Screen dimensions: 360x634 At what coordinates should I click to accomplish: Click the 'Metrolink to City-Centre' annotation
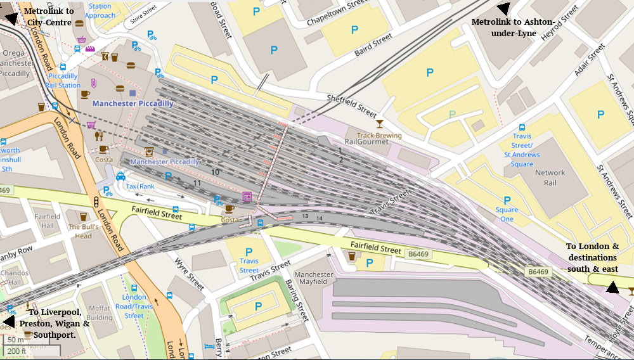click(x=49, y=16)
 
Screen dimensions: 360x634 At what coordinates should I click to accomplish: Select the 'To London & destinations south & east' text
click(x=592, y=257)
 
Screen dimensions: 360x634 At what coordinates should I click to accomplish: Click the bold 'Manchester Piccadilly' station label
click(x=133, y=103)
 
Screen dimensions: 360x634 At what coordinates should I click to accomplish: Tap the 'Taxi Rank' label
click(x=140, y=186)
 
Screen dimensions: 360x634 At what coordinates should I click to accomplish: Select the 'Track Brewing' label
click(x=379, y=136)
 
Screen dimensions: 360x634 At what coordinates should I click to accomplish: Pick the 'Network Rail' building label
click(x=550, y=177)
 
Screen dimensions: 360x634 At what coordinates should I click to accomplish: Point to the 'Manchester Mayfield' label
click(x=314, y=278)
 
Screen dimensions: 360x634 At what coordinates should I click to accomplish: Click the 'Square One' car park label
click(x=507, y=214)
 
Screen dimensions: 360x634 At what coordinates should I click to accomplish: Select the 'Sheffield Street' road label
click(x=352, y=106)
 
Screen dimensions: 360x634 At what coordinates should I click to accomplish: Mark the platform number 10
click(x=216, y=172)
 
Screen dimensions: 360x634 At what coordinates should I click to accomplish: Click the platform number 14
click(x=319, y=219)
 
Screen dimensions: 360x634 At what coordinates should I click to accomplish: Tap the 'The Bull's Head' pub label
click(x=84, y=231)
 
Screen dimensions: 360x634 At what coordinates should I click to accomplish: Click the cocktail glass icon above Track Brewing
click(x=380, y=124)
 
